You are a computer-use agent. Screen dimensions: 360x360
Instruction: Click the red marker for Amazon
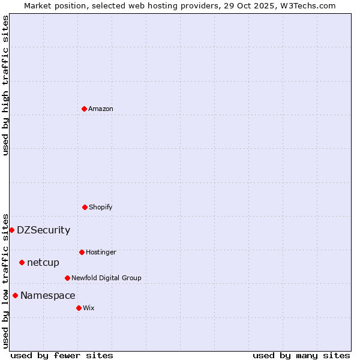[x=84, y=109]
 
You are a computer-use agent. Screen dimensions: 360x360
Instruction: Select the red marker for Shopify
[x=85, y=207]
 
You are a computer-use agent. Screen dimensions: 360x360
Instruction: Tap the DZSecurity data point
[x=11, y=230]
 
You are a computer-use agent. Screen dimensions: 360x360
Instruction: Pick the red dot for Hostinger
[x=82, y=252]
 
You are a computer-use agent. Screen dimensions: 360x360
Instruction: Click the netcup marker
[x=22, y=262]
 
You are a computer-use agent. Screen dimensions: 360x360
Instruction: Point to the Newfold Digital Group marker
[x=67, y=278]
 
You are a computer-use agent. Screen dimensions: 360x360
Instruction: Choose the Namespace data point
[x=15, y=295]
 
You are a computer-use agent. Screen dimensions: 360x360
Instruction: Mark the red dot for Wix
[x=79, y=308]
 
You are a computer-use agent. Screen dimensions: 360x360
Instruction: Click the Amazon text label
[x=101, y=109]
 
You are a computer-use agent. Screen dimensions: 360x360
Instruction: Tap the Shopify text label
[x=101, y=207]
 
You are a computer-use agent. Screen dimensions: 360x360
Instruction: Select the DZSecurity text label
[x=43, y=230]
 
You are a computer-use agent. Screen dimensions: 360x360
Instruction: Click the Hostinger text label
[x=101, y=252]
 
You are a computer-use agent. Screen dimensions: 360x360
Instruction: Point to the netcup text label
[x=43, y=262]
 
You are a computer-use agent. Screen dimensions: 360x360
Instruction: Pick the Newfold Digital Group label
[x=106, y=278]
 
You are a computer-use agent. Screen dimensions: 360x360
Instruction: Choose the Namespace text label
[x=48, y=295]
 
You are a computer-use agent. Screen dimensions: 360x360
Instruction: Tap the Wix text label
[x=89, y=308]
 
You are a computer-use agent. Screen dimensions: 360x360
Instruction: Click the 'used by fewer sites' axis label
[x=62, y=355]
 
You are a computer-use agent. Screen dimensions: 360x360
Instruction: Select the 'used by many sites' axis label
[x=301, y=355]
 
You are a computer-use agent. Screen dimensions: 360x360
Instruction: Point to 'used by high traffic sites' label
[x=5, y=85]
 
